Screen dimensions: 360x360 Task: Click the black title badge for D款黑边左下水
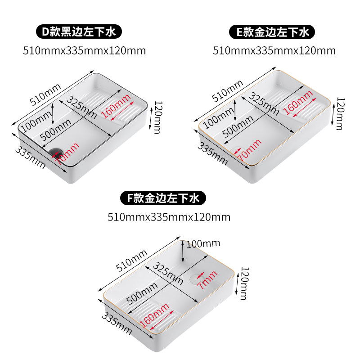(x=80, y=32)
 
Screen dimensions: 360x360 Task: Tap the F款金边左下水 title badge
(x=162, y=198)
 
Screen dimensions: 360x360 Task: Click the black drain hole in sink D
(x=56, y=152)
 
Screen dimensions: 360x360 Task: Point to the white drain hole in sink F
(x=195, y=278)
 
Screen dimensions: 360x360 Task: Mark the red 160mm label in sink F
(x=155, y=315)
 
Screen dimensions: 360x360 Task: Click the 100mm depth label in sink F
(x=203, y=244)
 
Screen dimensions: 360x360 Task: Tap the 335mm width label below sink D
(x=31, y=157)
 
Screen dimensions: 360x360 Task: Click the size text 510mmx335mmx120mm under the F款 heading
(x=169, y=217)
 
